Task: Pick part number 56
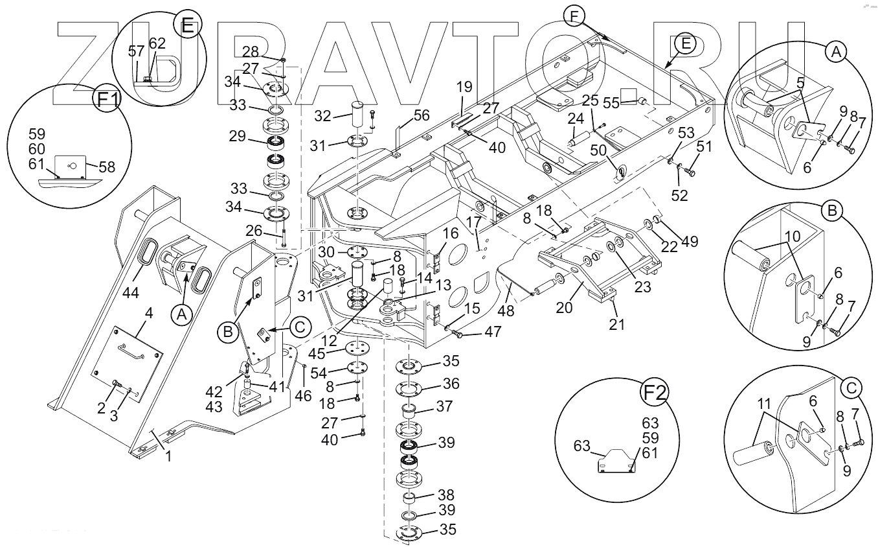pyautogui.click(x=422, y=115)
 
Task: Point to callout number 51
pyautogui.click(x=704, y=147)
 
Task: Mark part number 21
pyautogui.click(x=617, y=323)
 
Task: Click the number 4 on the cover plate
pyautogui.click(x=149, y=313)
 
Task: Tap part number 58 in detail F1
pyautogui.click(x=106, y=167)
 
